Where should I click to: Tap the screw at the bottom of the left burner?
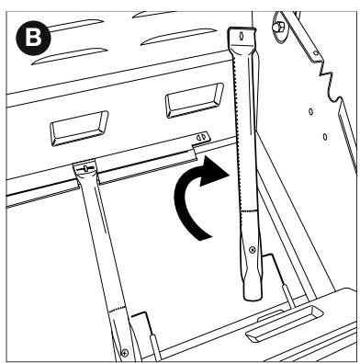124,349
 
